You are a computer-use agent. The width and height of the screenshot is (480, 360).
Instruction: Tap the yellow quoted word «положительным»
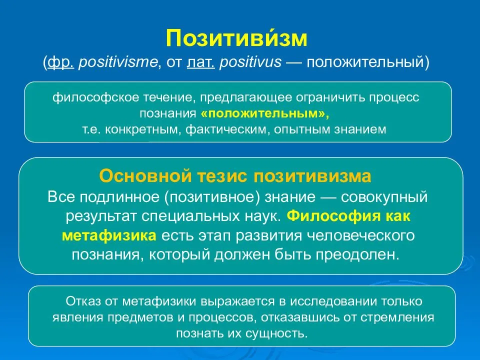click(265, 113)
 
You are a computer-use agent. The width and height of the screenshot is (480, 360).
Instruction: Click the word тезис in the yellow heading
click(222, 176)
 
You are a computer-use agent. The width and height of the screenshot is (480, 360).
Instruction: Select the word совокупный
click(384, 196)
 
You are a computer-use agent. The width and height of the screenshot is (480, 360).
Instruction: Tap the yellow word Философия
click(335, 216)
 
